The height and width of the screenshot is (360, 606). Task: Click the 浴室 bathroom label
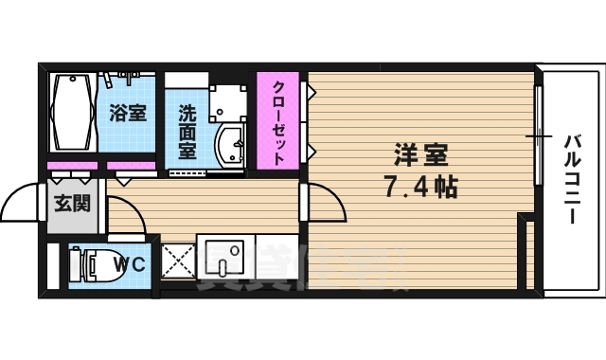(x=128, y=113)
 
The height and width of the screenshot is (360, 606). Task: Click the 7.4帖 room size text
(x=420, y=187)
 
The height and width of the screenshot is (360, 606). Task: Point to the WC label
(x=132, y=264)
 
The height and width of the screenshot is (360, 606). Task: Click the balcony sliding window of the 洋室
(x=539, y=137)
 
